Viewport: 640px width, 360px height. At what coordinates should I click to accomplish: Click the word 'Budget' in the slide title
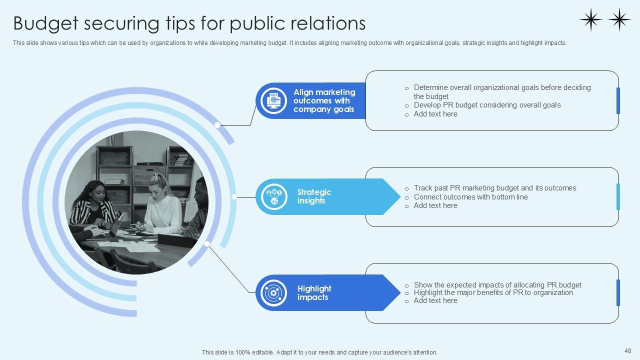pyautogui.click(x=45, y=23)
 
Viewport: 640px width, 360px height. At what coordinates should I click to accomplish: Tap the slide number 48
pyautogui.click(x=628, y=351)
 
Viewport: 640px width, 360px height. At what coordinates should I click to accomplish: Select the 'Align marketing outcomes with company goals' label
pyautogui.click(x=324, y=100)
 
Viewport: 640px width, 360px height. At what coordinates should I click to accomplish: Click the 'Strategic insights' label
pyautogui.click(x=314, y=196)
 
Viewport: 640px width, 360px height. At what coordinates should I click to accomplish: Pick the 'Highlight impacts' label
pyautogui.click(x=314, y=293)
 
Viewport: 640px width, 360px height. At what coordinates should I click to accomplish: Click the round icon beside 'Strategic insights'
pyautogui.click(x=274, y=196)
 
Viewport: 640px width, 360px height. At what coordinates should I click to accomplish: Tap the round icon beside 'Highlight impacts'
pyautogui.click(x=274, y=293)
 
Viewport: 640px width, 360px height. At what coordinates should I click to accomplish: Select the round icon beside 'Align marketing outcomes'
pyautogui.click(x=274, y=100)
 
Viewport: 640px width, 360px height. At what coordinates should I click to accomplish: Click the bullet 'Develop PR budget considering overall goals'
pyautogui.click(x=487, y=105)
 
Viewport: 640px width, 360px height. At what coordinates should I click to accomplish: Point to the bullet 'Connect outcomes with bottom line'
pyautogui.click(x=470, y=197)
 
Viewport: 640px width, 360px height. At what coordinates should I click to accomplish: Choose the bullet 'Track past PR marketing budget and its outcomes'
pyautogui.click(x=494, y=188)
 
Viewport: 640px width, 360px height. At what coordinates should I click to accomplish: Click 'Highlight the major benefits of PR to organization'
pyautogui.click(x=493, y=292)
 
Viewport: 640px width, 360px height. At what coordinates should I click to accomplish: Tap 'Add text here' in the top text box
pyautogui.click(x=435, y=114)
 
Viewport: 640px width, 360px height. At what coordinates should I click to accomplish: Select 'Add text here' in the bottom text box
pyautogui.click(x=435, y=300)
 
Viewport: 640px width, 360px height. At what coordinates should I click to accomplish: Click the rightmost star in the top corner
pyautogui.click(x=619, y=19)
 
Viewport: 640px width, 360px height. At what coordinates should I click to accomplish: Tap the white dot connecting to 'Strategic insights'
pyautogui.click(x=234, y=197)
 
